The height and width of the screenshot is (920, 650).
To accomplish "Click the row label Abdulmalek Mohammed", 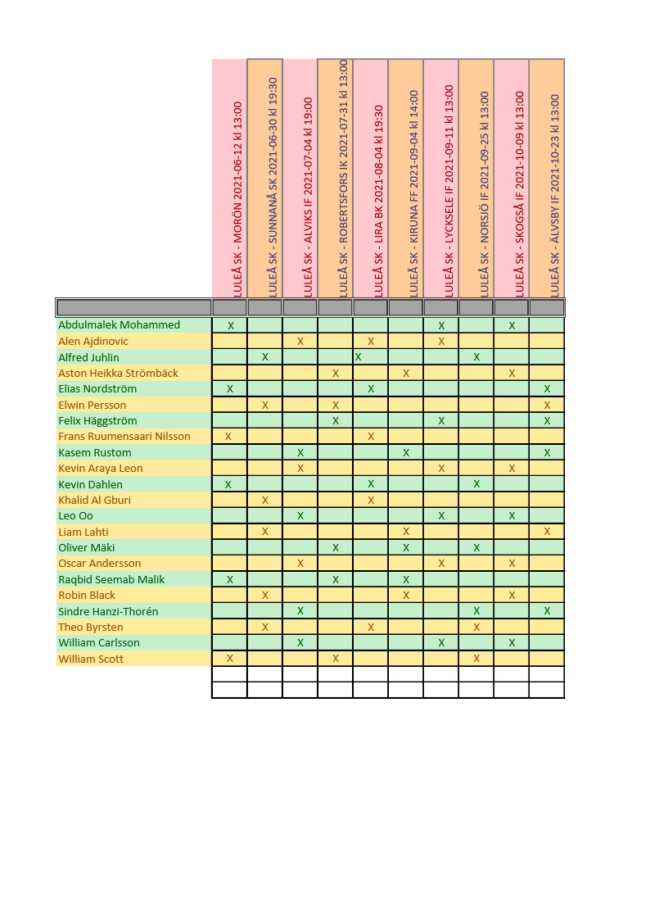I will coord(119,325).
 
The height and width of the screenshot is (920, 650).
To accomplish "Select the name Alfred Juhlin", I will coord(88,357).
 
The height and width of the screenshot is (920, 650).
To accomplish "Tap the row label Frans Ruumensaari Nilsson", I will coord(124,437).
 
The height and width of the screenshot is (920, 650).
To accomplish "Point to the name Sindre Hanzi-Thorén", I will coord(108,611).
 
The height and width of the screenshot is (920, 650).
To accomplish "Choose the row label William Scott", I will coord(91,659).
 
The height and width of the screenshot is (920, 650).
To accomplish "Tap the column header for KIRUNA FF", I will coord(413,193).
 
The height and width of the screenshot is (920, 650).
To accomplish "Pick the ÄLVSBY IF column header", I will coord(554,195).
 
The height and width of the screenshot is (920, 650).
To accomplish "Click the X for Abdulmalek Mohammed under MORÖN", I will coord(231,326).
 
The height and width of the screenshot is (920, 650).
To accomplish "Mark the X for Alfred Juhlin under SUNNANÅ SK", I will coord(265,357).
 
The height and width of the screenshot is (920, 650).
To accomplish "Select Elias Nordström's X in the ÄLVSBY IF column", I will coord(547,389).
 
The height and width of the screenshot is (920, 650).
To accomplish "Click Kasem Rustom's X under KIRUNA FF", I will coord(406,453).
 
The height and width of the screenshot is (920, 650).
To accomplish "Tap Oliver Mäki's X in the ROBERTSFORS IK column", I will coord(336,548).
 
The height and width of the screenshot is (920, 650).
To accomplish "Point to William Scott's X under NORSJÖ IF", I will coord(476,659).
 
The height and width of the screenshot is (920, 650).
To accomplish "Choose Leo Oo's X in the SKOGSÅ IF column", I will coord(512,516).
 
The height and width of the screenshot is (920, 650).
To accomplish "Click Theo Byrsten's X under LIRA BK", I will coord(371,628).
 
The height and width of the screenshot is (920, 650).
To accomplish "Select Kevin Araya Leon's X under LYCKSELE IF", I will coord(441,469).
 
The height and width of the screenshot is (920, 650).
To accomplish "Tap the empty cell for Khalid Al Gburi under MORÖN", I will coord(230,501).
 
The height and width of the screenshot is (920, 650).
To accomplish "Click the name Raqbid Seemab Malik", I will coord(111,579).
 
